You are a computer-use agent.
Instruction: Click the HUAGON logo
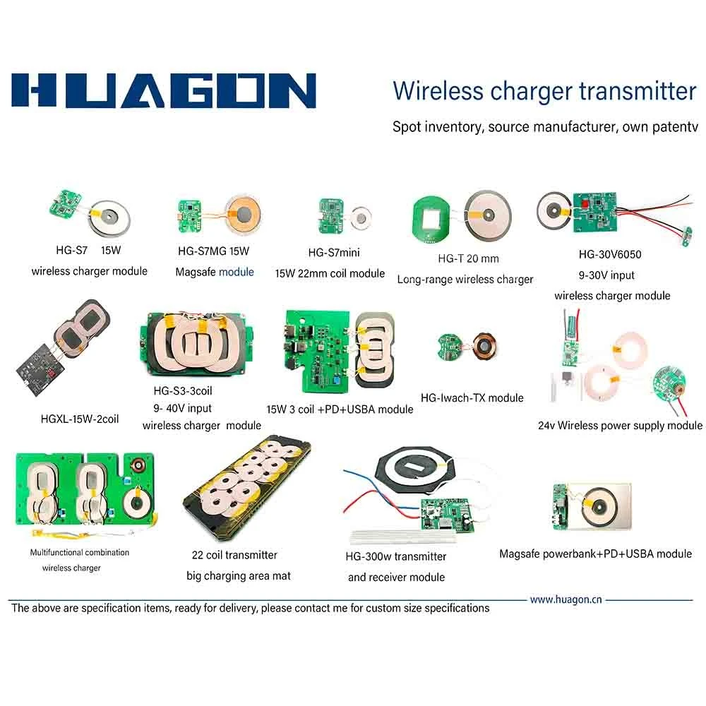point(164,90)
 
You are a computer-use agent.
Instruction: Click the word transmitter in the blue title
point(638,91)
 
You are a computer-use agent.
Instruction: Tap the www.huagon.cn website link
point(566,599)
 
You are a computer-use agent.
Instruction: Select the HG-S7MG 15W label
point(213,251)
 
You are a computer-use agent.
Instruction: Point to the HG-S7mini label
point(334,253)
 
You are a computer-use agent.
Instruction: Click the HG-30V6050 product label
point(610,254)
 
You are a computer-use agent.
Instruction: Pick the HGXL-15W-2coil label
point(80,419)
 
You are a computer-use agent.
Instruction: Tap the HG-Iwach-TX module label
point(472,398)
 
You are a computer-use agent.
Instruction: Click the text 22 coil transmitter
point(234,555)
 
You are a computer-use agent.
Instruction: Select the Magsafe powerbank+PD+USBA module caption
point(595,554)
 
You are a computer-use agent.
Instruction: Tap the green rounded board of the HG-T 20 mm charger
point(431,218)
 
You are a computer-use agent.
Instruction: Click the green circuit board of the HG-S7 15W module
point(66,203)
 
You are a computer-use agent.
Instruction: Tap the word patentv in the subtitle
point(675,127)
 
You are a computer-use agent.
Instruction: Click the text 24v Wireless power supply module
point(620,426)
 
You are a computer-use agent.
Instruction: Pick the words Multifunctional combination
point(80,553)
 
